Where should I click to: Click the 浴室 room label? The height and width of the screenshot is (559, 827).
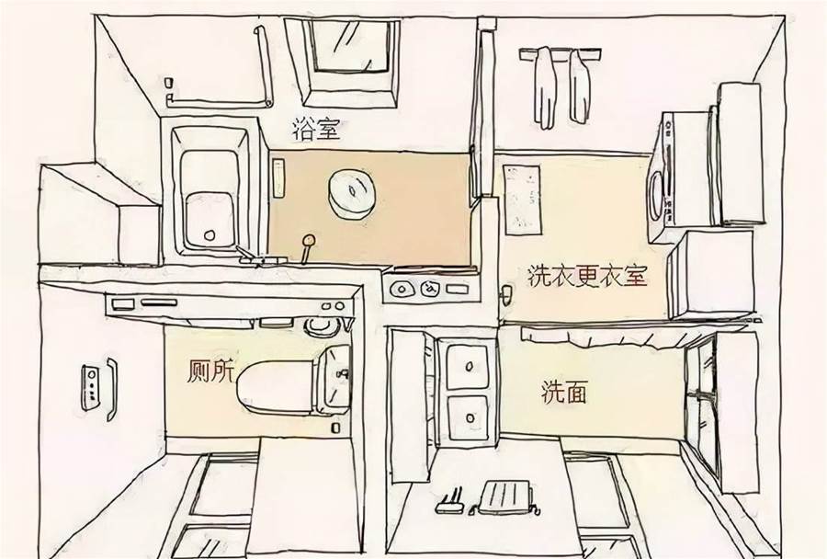click(316, 130)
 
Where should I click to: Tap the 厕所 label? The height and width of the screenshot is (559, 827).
click(210, 371)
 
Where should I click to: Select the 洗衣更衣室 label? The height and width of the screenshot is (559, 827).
click(587, 276)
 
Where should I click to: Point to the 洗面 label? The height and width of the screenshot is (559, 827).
click(564, 393)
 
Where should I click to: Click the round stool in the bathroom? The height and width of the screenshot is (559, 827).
click(351, 194)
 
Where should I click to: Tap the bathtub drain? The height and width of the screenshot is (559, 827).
click(210, 234)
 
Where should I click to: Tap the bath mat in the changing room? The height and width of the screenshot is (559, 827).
click(522, 200)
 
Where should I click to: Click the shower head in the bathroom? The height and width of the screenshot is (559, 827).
click(308, 241)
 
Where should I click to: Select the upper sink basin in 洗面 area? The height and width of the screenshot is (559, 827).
click(468, 366)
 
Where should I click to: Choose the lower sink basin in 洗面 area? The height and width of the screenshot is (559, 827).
click(468, 417)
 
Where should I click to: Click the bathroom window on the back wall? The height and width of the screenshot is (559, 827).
click(350, 63)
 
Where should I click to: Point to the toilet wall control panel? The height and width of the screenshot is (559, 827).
click(90, 387)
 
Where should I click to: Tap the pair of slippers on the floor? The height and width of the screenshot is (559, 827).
click(450, 501)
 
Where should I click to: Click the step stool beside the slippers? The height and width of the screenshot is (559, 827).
click(505, 496)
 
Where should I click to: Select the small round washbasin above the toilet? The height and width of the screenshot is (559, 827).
click(322, 325)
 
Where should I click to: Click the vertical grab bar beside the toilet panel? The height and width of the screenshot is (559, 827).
click(112, 390)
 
